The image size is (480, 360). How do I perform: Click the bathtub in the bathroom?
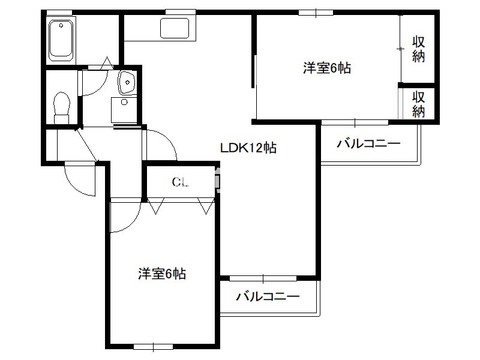tap(61, 40)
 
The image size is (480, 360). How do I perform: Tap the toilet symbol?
tap(62, 108)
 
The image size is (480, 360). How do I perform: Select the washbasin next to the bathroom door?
tap(127, 82)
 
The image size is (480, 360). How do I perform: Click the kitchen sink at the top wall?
tap(174, 28)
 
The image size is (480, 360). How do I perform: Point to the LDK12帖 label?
tap(248, 148)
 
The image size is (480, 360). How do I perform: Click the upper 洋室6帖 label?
tap(327, 68)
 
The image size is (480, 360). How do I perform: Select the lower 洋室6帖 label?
tap(162, 274)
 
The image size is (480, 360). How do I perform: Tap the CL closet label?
tap(180, 182)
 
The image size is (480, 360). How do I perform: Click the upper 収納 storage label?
tap(418, 49)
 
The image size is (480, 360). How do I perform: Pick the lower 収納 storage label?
tap(418, 104)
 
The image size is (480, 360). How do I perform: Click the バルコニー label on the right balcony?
tap(368, 143)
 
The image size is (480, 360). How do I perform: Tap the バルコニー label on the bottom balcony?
tap(268, 296)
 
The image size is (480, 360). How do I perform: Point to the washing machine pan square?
tap(124, 110)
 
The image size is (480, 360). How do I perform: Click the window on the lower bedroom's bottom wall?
tap(153, 347)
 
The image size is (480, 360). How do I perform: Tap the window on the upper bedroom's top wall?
tap(316, 13)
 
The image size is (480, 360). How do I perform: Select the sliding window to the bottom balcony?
tap(263, 278)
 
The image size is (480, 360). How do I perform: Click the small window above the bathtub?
tap(59, 12)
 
